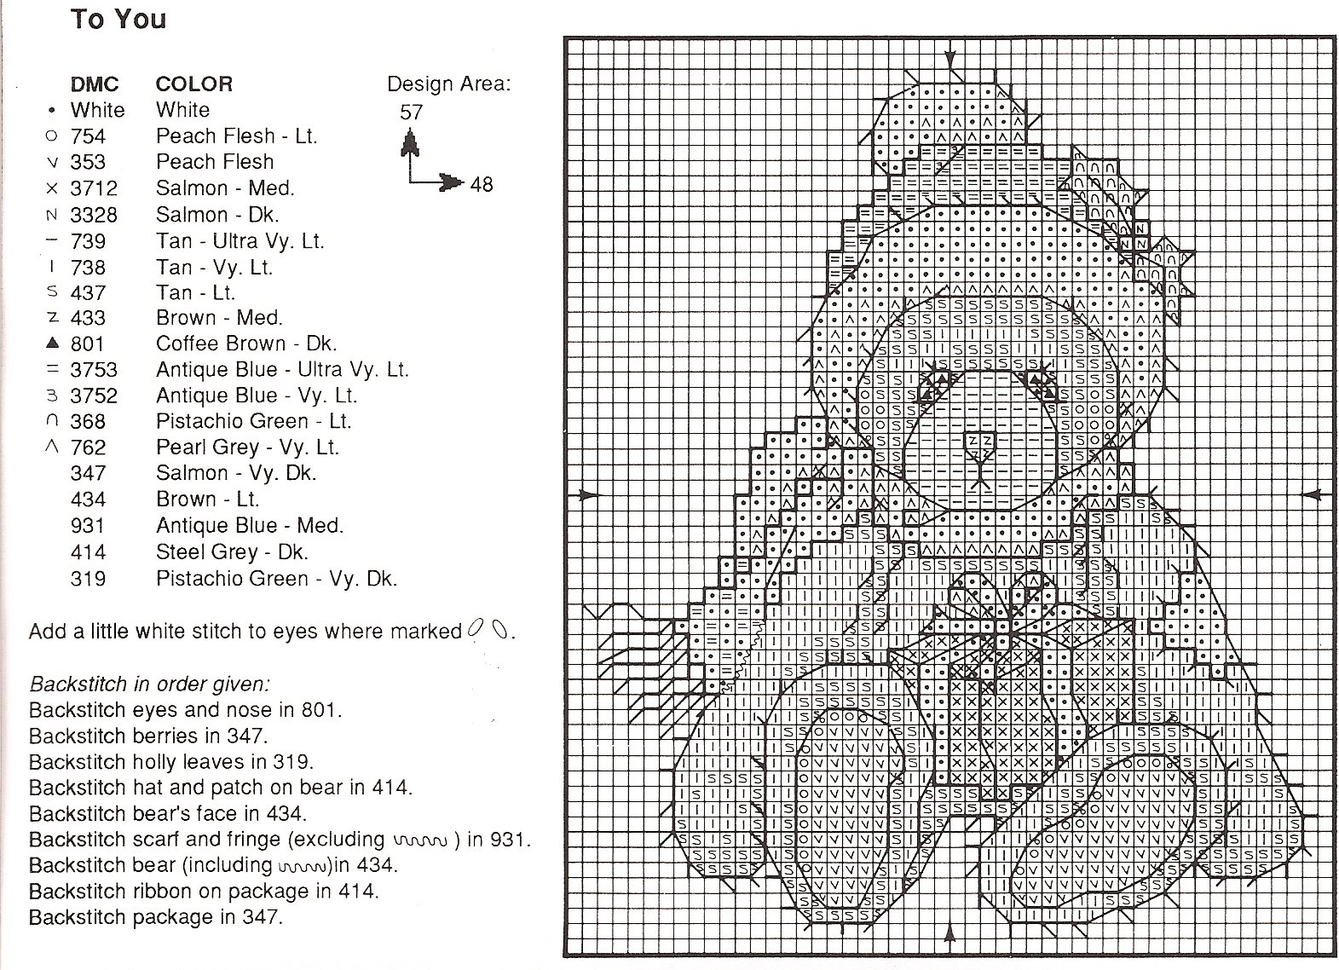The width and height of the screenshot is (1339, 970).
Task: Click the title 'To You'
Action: [x=118, y=19]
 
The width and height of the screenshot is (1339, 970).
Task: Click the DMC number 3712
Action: [x=94, y=188]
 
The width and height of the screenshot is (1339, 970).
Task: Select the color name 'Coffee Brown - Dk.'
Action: [x=246, y=344]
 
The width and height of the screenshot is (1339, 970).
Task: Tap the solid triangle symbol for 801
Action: [x=53, y=343]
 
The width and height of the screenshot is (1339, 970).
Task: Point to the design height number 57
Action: [x=412, y=112]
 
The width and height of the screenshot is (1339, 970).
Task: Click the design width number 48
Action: [x=482, y=184]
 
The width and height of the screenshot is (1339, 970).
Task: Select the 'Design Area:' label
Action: [x=449, y=84]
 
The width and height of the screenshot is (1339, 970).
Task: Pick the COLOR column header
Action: [x=193, y=84]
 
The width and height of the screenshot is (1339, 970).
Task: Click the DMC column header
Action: [x=95, y=84]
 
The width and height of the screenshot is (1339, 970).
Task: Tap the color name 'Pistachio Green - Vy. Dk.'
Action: [x=276, y=579]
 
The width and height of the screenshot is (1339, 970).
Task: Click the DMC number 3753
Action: [x=94, y=370]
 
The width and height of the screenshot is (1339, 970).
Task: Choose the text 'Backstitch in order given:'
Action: [x=149, y=684]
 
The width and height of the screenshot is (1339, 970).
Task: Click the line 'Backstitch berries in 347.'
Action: [x=148, y=736]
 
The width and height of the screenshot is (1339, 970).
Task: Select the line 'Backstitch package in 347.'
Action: [x=155, y=917]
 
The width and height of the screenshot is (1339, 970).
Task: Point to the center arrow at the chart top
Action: [x=950, y=60]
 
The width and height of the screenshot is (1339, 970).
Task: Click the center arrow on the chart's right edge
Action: [x=1313, y=495]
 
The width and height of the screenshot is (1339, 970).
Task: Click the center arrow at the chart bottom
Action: [x=949, y=935]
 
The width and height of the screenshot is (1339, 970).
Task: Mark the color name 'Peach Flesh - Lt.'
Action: [x=236, y=136]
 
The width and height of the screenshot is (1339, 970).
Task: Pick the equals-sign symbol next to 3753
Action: [x=53, y=369]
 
